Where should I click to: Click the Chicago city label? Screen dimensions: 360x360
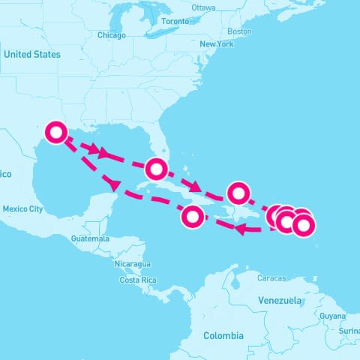coord(111,35)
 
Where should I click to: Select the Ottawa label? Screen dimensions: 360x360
coord(203,7)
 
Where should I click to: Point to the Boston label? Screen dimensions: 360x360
coord(239,31)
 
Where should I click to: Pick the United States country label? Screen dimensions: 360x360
coord(31,54)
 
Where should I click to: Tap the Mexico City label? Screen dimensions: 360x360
coord(22,209)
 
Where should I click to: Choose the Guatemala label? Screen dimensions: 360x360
coord(90,238)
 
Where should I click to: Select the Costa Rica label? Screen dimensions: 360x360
coord(137,280)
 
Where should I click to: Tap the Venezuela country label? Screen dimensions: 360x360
coord(280,300)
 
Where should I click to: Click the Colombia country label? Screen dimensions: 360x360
coord(223,335)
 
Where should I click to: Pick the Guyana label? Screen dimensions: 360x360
coord(332,316)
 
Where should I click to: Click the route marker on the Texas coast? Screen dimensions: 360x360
coord(56,133)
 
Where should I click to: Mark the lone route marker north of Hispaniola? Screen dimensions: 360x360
coord(238,193)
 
